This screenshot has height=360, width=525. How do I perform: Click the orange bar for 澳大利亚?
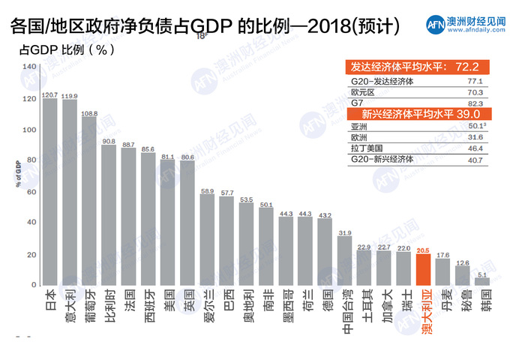pos(423,270)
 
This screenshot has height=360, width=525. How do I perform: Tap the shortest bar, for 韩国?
pos(484,281)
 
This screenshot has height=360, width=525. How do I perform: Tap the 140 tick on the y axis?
pos(30,67)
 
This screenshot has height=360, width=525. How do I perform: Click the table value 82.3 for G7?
pos(475,102)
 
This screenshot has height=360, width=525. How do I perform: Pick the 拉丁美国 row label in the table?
pos(367,148)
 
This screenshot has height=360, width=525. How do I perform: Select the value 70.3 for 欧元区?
pos(475,91)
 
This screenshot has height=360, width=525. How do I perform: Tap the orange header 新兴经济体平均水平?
pos(401,115)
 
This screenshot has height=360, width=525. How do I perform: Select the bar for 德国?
pos(325,252)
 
